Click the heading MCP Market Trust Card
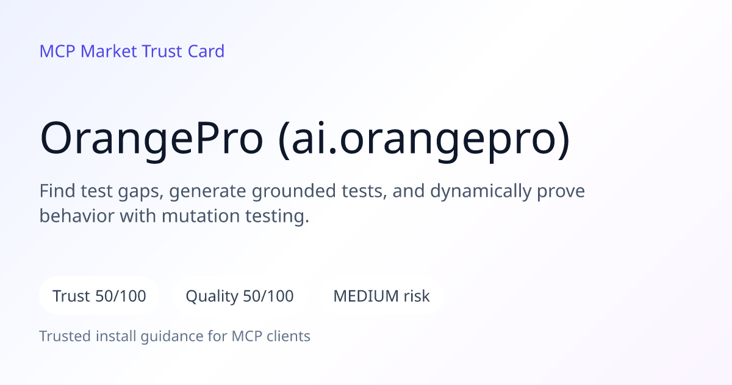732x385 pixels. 132,51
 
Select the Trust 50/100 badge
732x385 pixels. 99,296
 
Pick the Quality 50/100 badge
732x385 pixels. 240,296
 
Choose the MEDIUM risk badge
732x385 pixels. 381,296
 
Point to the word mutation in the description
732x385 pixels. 201,216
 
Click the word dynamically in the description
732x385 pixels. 481,191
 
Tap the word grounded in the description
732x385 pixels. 294,191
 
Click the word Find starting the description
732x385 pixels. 57,191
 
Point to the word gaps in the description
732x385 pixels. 140,192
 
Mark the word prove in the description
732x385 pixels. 561,192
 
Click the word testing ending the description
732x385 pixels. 277,217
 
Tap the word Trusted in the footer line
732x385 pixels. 65,336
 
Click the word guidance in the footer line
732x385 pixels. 172,337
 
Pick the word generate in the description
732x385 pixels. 207,192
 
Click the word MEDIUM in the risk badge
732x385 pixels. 366,296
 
